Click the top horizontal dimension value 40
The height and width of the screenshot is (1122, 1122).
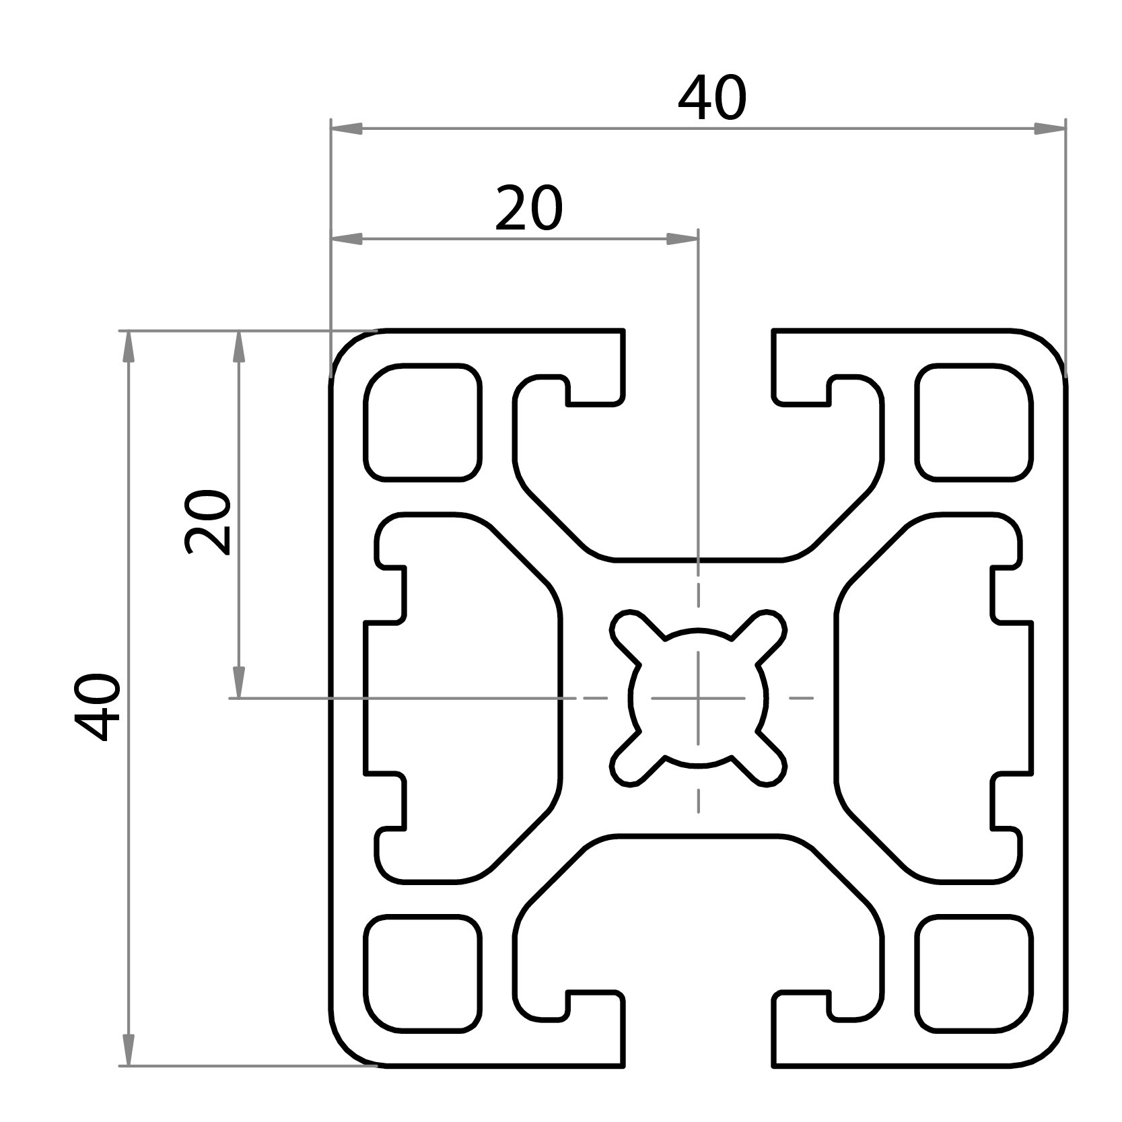712,100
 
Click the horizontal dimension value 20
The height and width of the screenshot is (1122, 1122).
528,209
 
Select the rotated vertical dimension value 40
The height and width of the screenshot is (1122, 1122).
98,707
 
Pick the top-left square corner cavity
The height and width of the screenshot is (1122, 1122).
423,422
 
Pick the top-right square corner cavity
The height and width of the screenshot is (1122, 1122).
974,422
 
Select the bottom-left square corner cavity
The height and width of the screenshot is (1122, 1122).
423,973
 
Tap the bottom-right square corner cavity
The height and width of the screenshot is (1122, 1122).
974,973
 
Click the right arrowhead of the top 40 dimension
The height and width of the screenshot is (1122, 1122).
1050,129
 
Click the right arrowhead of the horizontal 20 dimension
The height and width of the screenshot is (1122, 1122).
682,239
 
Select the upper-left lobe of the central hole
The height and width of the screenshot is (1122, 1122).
631,629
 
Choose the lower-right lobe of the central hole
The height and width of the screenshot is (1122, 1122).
766,765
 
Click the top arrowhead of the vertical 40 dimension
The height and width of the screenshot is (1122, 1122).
129,347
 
